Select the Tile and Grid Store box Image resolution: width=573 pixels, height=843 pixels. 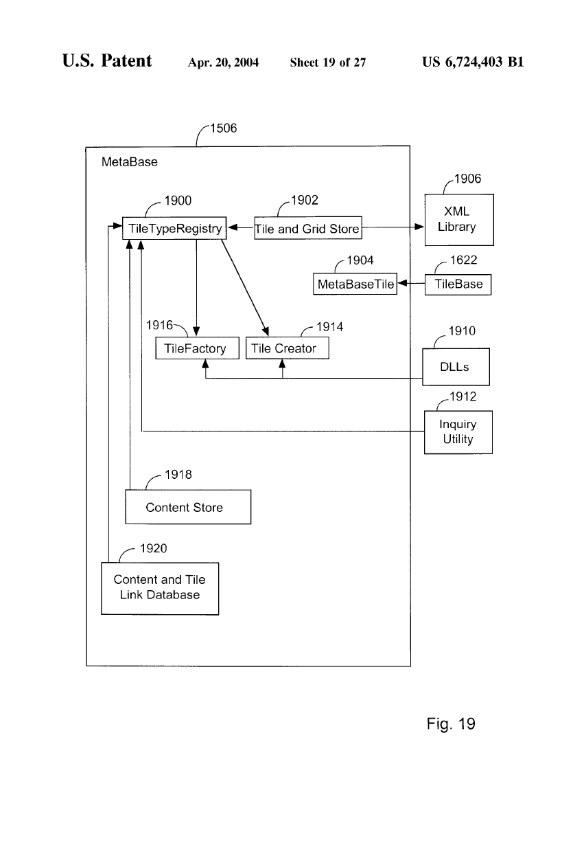(307, 229)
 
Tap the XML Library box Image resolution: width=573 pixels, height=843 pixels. (458, 220)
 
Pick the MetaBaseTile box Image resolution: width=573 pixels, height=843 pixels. (355, 284)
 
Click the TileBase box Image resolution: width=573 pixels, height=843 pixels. (458, 284)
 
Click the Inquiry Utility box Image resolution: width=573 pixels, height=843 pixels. (458, 431)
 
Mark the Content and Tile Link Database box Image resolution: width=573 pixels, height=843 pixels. (159, 587)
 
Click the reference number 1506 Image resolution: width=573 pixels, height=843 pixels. (223, 128)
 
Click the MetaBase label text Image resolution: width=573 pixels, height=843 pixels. (129, 163)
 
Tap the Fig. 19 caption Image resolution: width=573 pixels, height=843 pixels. (450, 723)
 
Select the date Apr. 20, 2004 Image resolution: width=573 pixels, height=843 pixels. (223, 63)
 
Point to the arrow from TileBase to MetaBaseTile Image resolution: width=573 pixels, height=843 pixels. (411, 284)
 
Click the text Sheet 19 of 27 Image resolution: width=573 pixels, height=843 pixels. (328, 63)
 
